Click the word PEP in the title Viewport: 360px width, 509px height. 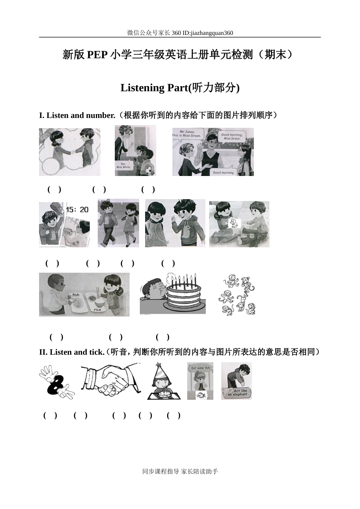coord(97,55)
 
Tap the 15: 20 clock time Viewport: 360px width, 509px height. coord(77,209)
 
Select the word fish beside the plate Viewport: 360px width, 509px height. coord(76,295)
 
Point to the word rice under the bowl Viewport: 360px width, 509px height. coord(97,310)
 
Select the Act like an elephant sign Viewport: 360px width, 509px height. coord(238,393)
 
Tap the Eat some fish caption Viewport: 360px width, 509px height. coord(200,368)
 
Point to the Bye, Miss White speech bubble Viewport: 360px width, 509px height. coord(124,165)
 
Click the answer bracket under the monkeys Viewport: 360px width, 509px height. coord(163,337)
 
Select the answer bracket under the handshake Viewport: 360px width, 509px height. coord(80,415)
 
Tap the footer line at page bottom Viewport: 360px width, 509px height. coord(180,471)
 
